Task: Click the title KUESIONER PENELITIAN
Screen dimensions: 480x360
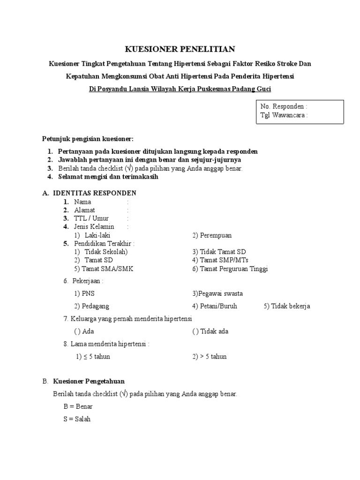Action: coord(180,49)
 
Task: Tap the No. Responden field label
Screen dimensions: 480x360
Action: coord(284,106)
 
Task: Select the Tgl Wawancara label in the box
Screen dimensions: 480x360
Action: coord(284,115)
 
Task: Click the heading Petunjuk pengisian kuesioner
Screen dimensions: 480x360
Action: coord(88,139)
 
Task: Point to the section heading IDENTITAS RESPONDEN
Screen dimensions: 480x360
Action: coord(95,193)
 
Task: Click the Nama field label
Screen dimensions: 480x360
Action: coord(82,202)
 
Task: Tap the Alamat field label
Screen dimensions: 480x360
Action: coord(84,210)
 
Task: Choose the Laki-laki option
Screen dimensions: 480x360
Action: coord(97,235)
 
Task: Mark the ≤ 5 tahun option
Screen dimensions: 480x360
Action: coord(97,357)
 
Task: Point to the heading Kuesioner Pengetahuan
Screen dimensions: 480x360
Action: coord(89,381)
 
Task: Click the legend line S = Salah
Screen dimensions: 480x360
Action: coord(77,419)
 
